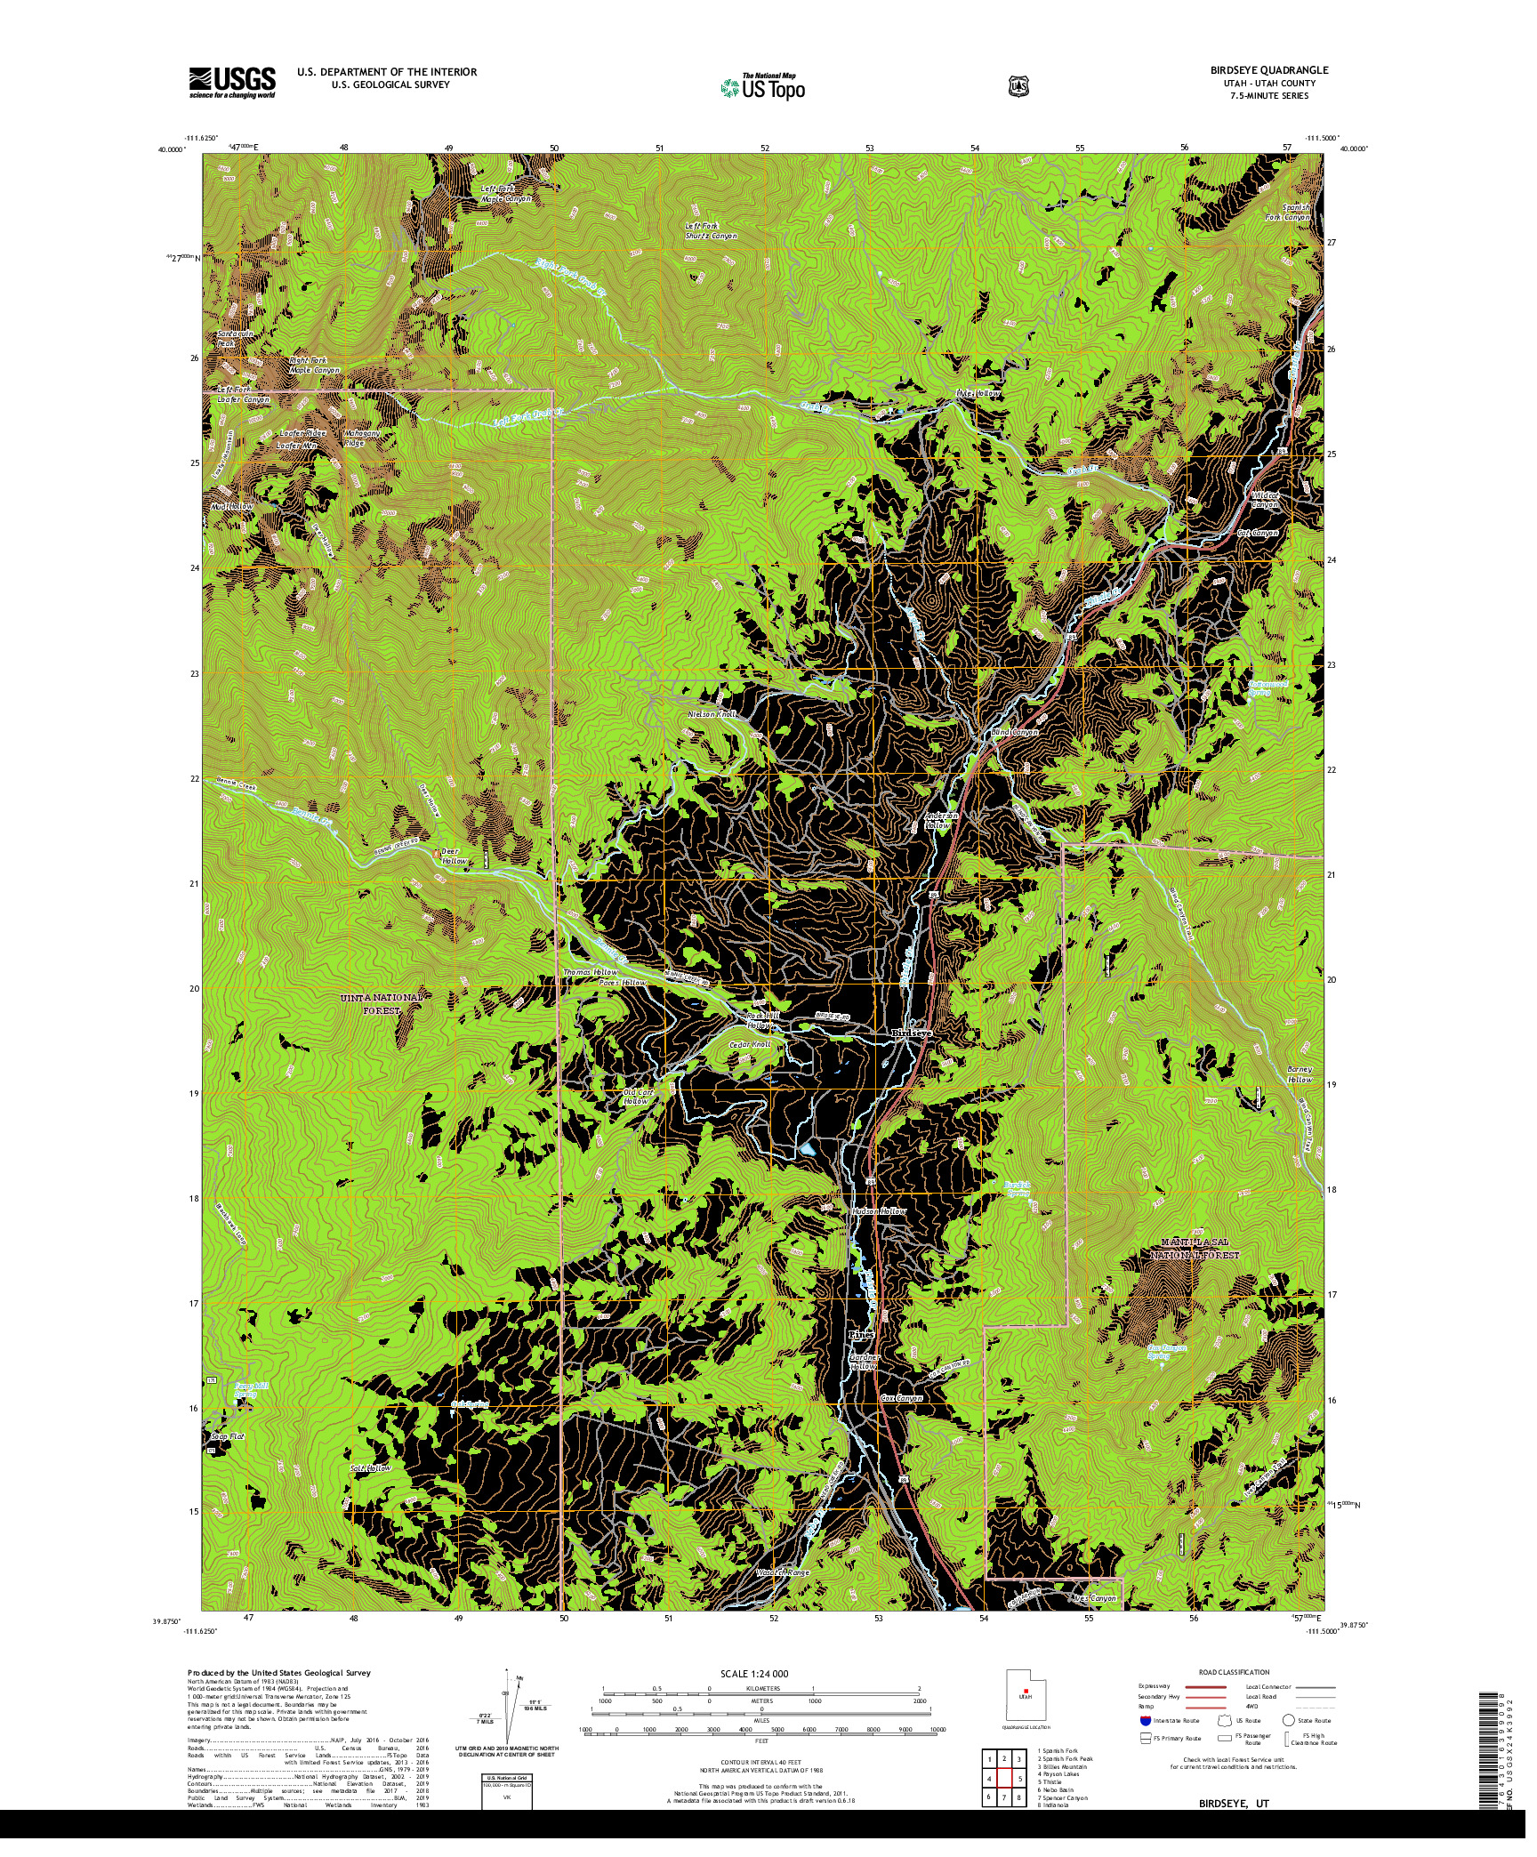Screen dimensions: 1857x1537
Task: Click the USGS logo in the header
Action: (231, 84)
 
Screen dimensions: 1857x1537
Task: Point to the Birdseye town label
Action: (912, 1033)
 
